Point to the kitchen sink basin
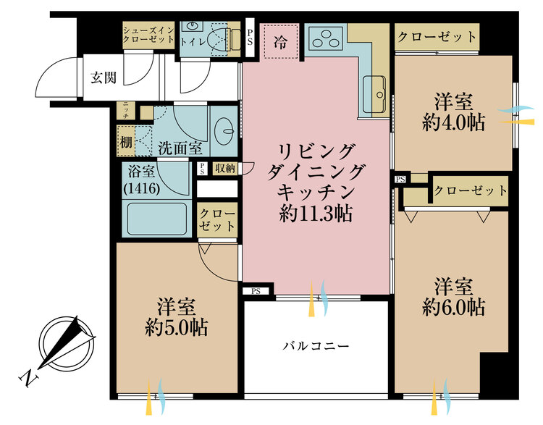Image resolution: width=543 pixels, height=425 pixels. (x=376, y=89)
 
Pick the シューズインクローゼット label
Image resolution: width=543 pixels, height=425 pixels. (x=148, y=35)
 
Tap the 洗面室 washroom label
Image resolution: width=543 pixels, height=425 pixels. (x=180, y=148)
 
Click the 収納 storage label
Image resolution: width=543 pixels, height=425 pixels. (x=224, y=168)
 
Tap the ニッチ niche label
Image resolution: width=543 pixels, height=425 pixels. (x=125, y=111)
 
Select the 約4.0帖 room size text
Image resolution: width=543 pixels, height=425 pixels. (x=454, y=122)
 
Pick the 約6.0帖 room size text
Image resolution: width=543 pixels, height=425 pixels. (x=454, y=306)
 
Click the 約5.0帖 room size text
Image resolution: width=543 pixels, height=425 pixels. (x=177, y=327)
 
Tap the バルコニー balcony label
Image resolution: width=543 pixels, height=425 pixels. (x=316, y=346)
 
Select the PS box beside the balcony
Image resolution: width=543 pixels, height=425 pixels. (x=256, y=291)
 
